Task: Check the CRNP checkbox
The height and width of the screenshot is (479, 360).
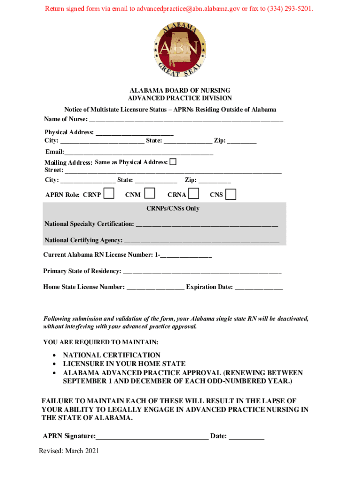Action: pos(109,194)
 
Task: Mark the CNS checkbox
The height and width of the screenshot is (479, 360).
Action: pos(230,194)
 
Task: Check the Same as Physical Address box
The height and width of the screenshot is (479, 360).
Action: pos(173,162)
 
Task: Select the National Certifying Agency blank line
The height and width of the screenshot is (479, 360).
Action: pos(202,241)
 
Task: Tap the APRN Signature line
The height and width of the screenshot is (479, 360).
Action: pos(152,437)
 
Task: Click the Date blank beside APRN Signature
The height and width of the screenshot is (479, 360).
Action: pos(246,437)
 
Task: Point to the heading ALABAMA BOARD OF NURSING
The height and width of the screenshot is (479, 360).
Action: pos(180,90)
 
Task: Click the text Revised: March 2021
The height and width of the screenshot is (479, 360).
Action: pos(69,451)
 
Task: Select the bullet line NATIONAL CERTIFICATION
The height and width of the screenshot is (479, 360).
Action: pos(112,355)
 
